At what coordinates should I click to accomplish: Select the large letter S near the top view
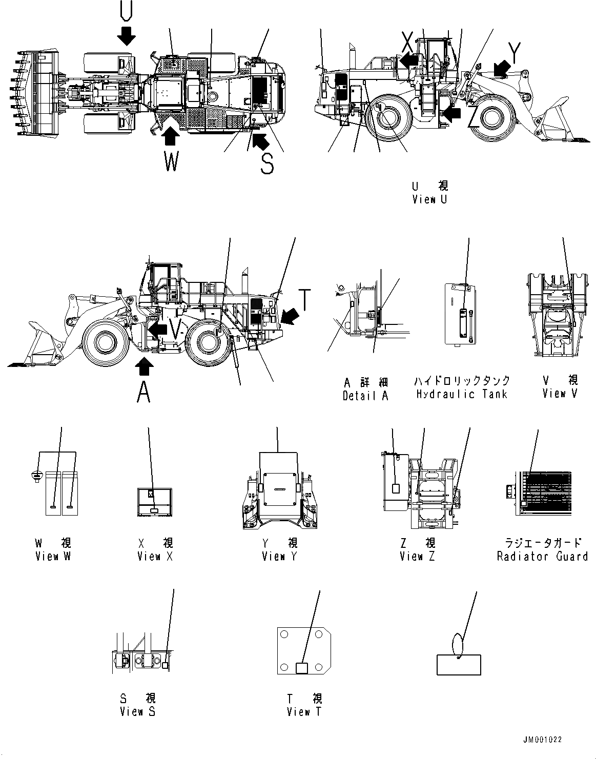(x=266, y=163)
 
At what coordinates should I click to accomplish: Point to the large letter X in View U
(x=407, y=40)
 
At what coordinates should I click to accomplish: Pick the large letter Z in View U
(x=474, y=119)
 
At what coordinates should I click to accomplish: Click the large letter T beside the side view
(x=304, y=300)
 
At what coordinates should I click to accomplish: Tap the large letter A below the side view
(x=144, y=393)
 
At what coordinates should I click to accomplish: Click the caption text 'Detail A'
(x=365, y=395)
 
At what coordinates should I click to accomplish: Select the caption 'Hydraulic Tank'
(x=461, y=394)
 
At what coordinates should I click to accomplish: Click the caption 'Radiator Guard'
(x=542, y=556)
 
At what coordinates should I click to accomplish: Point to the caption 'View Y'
(x=279, y=556)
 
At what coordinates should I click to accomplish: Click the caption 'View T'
(x=305, y=711)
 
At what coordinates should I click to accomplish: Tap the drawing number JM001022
(x=543, y=740)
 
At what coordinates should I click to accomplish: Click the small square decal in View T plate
(x=302, y=667)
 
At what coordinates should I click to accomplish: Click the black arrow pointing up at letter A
(x=145, y=365)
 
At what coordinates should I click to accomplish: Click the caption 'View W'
(x=53, y=556)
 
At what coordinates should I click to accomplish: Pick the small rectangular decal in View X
(x=154, y=511)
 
